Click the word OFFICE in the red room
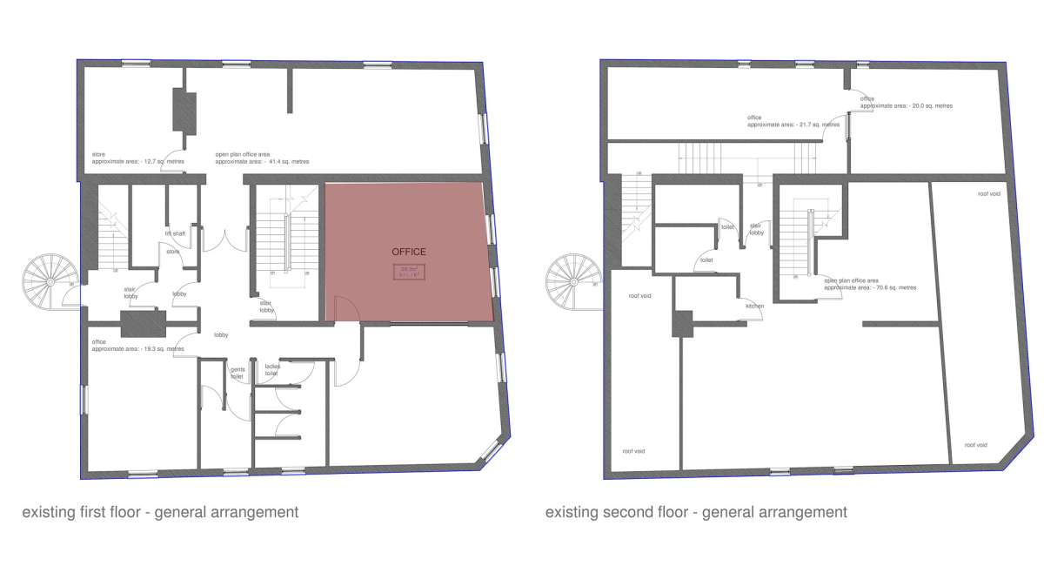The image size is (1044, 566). [409, 252]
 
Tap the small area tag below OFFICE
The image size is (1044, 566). [409, 272]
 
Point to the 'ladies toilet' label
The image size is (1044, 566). [272, 369]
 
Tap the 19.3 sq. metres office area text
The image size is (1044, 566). [137, 346]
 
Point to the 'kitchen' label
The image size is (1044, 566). [754, 307]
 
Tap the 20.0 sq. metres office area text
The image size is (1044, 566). [906, 102]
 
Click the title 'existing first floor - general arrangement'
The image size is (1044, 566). [160, 512]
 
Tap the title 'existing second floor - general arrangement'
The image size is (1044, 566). [696, 512]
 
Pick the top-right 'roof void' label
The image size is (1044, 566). [988, 194]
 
